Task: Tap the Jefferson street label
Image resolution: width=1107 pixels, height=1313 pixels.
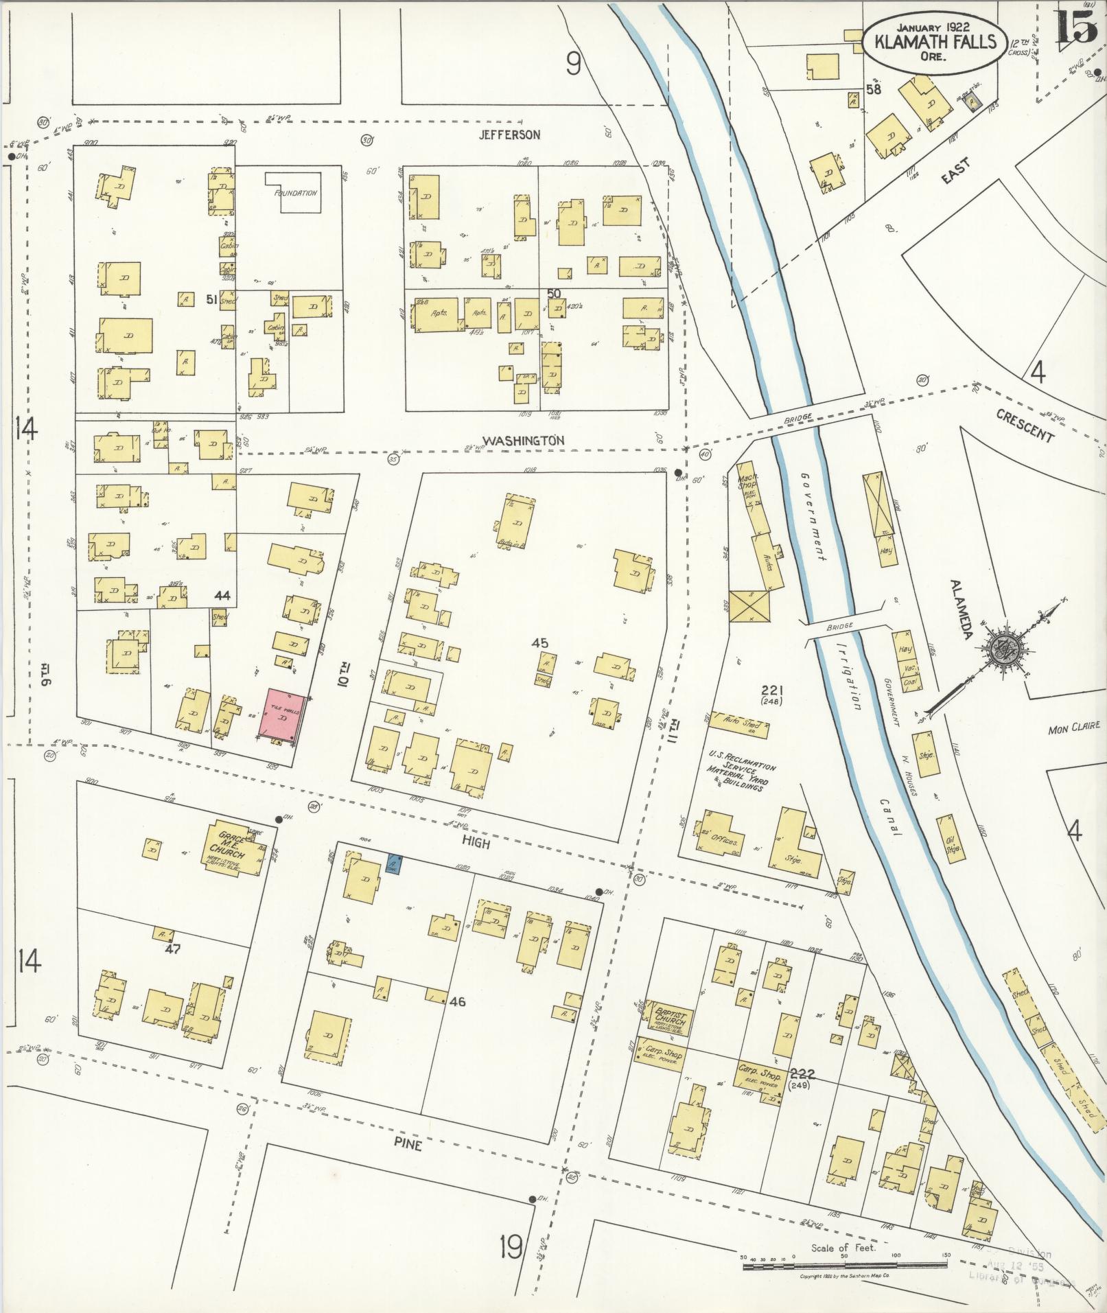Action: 509,135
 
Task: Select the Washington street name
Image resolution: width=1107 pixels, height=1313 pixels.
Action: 524,441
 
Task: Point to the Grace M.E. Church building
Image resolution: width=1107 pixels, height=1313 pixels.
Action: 233,848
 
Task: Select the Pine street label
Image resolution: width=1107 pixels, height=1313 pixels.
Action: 407,1145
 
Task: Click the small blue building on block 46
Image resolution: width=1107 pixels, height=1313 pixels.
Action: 394,864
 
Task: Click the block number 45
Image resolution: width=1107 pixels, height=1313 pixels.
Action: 540,643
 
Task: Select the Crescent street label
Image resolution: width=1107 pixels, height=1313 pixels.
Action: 1024,426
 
